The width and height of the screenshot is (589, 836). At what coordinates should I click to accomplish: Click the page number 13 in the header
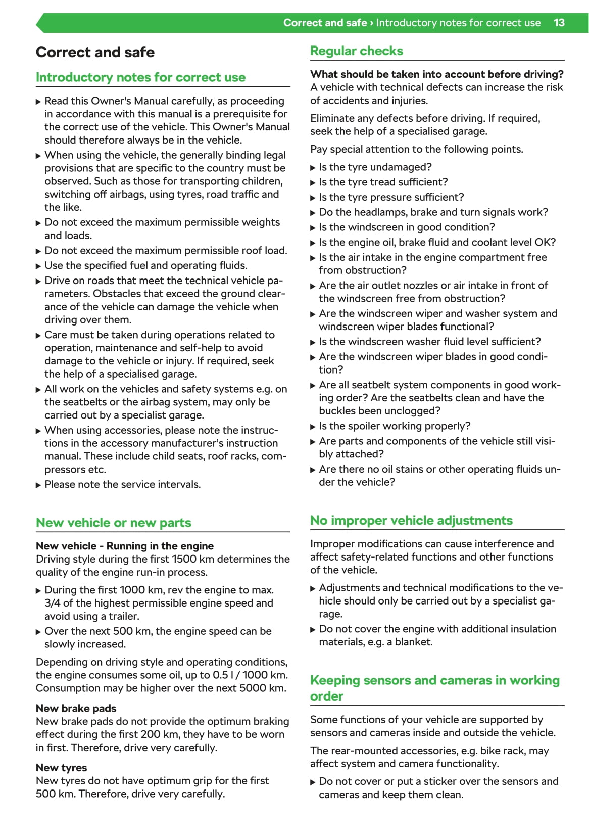pyautogui.click(x=559, y=23)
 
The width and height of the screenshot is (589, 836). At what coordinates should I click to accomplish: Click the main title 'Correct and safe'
pyautogui.click(x=95, y=52)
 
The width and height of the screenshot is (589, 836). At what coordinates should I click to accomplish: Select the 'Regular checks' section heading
pyautogui.click(x=356, y=51)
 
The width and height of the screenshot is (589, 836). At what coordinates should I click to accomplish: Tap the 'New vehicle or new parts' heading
pyautogui.click(x=113, y=523)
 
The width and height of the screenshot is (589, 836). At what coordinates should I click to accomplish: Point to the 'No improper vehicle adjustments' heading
pyautogui.click(x=411, y=521)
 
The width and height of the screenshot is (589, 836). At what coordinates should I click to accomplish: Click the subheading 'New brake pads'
pyautogui.click(x=76, y=708)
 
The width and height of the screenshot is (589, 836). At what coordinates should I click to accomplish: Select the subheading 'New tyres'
pyautogui.click(x=61, y=768)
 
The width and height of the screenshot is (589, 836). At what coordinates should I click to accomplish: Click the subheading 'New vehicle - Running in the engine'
pyautogui.click(x=124, y=546)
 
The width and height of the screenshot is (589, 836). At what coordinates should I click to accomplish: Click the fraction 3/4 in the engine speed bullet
pyautogui.click(x=52, y=603)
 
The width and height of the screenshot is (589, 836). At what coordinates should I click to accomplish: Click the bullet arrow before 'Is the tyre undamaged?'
pyautogui.click(x=313, y=168)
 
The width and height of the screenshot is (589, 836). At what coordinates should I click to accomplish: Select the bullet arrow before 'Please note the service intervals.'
pyautogui.click(x=38, y=485)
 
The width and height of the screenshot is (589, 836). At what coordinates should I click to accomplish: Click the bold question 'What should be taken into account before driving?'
pyautogui.click(x=436, y=74)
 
